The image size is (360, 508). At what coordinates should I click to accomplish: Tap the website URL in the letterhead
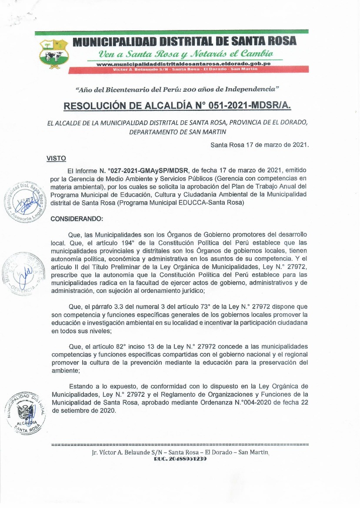(183, 64)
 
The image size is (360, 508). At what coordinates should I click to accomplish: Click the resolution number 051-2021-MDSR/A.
(243, 106)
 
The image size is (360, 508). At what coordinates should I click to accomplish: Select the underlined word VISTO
(56, 159)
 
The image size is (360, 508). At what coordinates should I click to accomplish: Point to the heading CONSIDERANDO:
(77, 219)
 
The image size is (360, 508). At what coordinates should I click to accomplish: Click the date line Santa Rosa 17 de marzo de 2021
(259, 145)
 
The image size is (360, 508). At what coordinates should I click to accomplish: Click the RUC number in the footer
(180, 459)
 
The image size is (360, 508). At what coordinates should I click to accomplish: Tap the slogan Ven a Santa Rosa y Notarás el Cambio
(186, 54)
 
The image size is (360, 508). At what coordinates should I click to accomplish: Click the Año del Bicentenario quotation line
(178, 89)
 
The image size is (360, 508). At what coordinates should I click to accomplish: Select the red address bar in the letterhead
(189, 70)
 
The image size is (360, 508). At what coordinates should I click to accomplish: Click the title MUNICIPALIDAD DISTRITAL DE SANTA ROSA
(185, 42)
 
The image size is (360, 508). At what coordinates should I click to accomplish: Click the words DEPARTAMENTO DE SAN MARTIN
(178, 131)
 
